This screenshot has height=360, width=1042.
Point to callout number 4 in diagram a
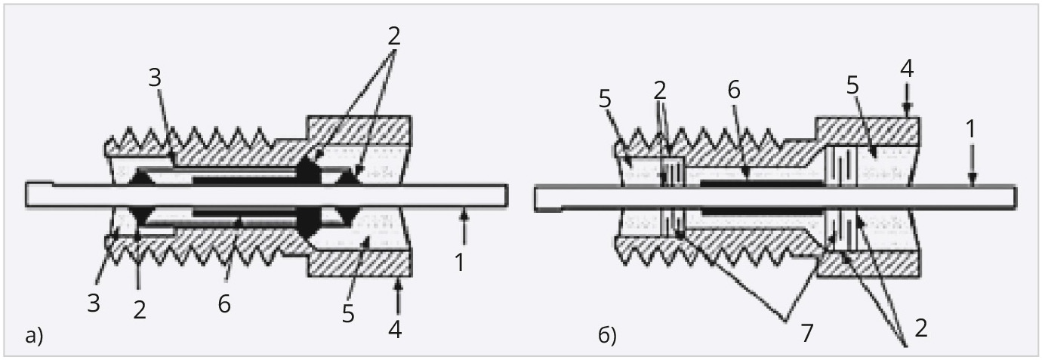click(396, 330)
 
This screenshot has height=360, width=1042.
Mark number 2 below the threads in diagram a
click(140, 308)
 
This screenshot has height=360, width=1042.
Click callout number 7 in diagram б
click(806, 333)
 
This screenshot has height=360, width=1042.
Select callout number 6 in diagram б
click(735, 89)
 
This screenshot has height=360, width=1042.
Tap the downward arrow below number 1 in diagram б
click(972, 174)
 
